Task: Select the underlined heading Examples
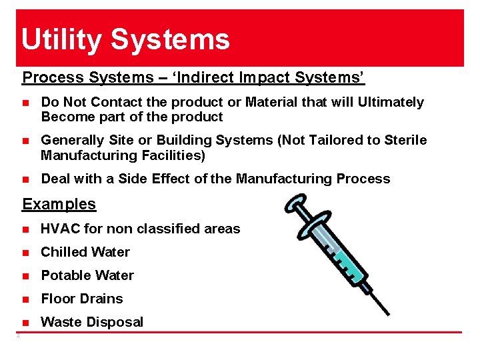(x=59, y=204)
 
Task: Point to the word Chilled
(x=63, y=252)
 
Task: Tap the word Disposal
(x=114, y=322)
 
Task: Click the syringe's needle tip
(x=388, y=313)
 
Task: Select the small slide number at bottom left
(x=18, y=335)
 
